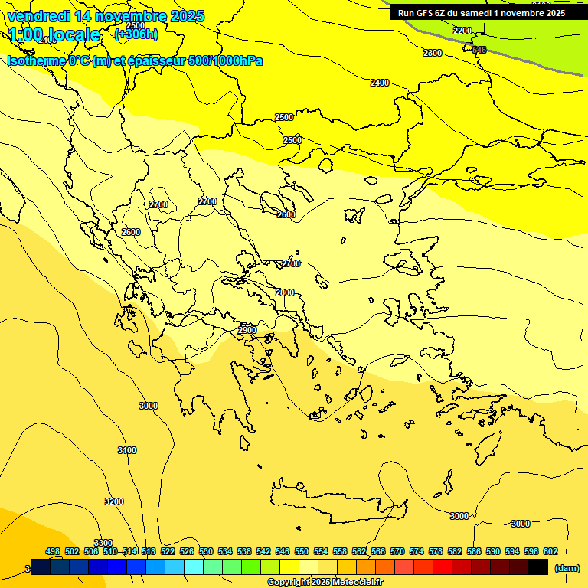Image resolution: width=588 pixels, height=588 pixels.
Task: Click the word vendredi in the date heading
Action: click(38, 16)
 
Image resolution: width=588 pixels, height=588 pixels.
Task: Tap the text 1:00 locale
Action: click(55, 34)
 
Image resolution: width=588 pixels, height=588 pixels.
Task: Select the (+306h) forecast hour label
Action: click(136, 34)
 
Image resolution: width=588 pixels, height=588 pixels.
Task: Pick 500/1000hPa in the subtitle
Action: click(229, 60)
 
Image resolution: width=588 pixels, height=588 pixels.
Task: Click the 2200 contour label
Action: click(462, 31)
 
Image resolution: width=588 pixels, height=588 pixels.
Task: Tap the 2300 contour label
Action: click(433, 53)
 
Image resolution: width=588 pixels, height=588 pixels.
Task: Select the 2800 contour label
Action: click(285, 292)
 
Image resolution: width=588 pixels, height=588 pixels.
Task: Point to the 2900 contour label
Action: click(247, 330)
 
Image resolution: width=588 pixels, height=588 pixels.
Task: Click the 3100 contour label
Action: click(127, 450)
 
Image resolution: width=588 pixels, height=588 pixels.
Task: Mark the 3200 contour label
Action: click(113, 501)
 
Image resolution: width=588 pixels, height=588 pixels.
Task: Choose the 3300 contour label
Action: click(103, 543)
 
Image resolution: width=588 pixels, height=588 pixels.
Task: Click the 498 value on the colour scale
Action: click(53, 551)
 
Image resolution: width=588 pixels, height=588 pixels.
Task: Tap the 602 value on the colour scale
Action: click(550, 551)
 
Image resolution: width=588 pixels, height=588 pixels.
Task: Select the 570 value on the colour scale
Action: click(397, 551)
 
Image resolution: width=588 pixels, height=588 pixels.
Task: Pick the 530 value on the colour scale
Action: click(206, 551)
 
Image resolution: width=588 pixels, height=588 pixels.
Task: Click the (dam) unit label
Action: click(567, 568)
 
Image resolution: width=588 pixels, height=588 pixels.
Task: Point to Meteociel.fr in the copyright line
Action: click(358, 583)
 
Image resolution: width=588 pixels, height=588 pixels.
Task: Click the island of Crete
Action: click(337, 501)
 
